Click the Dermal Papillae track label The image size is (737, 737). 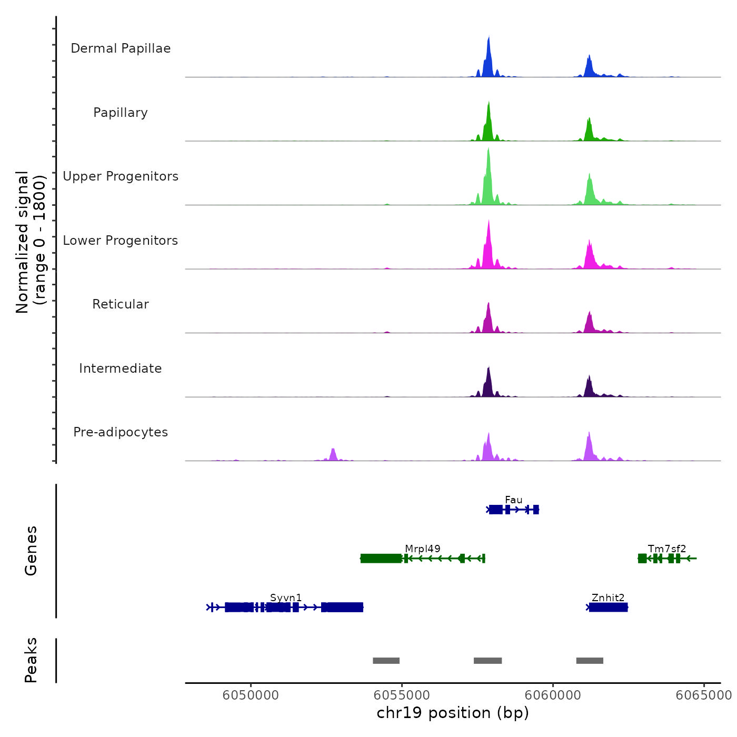coord(121,48)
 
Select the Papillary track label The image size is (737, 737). coord(121,113)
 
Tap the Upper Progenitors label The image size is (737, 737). coord(121,176)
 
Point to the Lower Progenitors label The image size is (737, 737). coord(121,241)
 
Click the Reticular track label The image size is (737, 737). coord(121,304)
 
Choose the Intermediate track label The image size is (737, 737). coord(121,368)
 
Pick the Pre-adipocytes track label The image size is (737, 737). coord(121,432)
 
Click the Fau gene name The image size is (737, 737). coord(513,500)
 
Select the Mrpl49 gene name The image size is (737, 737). coord(423,549)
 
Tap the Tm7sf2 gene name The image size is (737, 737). coord(667,549)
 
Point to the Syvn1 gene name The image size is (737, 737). coord(286,598)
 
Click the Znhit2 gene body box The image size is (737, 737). coord(608,607)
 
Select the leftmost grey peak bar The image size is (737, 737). coord(386,661)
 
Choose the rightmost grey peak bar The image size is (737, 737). coord(590,661)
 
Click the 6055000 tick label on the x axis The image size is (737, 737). coord(402,695)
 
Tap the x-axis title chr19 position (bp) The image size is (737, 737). coord(453,713)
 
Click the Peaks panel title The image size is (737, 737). coord(31,660)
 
